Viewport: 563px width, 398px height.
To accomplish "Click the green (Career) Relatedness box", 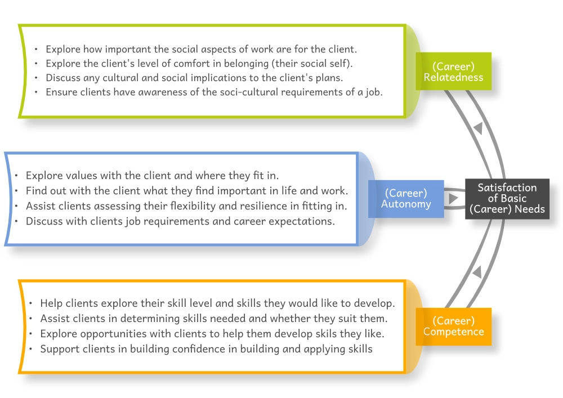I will click(x=453, y=71).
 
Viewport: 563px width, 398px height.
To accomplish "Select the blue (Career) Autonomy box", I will click(x=406, y=199).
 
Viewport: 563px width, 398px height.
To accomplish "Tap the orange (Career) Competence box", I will click(x=453, y=327).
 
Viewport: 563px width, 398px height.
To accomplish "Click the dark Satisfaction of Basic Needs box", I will click(x=507, y=199).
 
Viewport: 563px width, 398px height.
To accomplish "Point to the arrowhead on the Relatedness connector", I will click(x=478, y=128).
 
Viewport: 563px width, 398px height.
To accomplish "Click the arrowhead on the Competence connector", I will click(x=477, y=272).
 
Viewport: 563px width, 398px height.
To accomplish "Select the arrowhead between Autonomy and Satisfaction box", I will click(x=453, y=199).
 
